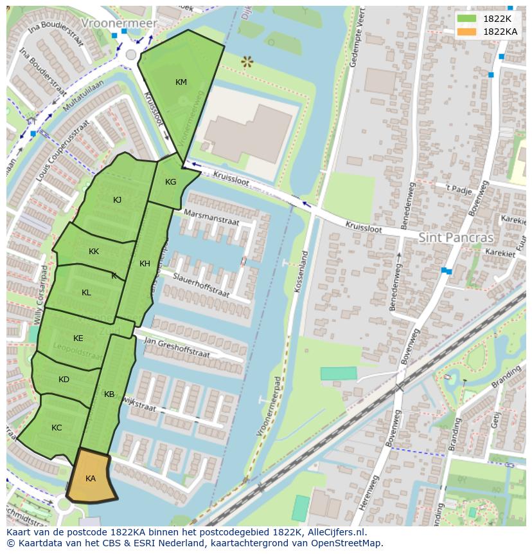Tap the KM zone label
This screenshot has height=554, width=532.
click(x=181, y=82)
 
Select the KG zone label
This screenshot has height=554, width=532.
click(x=170, y=182)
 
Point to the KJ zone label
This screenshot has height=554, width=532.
click(x=117, y=200)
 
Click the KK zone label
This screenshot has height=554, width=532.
click(x=94, y=252)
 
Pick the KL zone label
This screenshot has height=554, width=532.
click(x=86, y=293)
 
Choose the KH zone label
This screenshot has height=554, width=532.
click(x=145, y=264)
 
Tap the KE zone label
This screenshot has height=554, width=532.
click(x=78, y=338)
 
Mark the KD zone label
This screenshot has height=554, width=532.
click(x=64, y=380)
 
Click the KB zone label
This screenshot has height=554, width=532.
click(x=109, y=394)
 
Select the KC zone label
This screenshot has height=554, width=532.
click(x=57, y=428)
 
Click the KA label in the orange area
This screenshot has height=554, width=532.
click(x=91, y=479)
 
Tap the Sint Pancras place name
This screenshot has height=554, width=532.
click(x=456, y=237)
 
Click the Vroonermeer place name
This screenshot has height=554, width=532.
click(x=119, y=23)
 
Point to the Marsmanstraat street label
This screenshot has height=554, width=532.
click(x=211, y=216)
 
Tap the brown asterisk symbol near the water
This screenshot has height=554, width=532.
click(x=247, y=62)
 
